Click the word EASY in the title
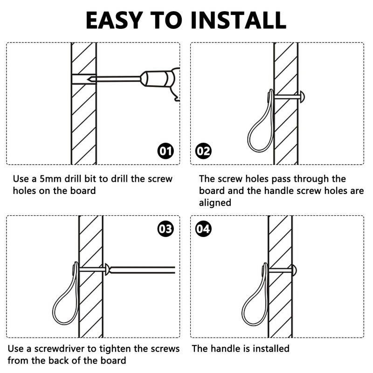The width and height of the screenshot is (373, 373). pos(114,20)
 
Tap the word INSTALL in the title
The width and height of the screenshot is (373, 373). pos(238,20)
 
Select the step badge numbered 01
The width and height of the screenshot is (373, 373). pos(166,151)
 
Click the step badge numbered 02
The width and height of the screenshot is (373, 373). pos(203,151)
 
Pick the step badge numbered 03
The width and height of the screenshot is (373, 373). pos(166,229)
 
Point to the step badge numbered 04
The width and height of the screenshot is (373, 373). pos(203,229)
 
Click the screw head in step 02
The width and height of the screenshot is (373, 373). pos(302,97)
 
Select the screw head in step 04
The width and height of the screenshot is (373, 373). pos(294,270)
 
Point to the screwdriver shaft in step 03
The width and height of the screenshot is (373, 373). pos(142,270)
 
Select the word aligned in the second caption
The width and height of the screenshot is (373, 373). pos(215,203)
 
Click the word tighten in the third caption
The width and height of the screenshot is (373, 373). pos(115,349)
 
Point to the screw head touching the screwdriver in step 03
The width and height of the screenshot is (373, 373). pos(107,270)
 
